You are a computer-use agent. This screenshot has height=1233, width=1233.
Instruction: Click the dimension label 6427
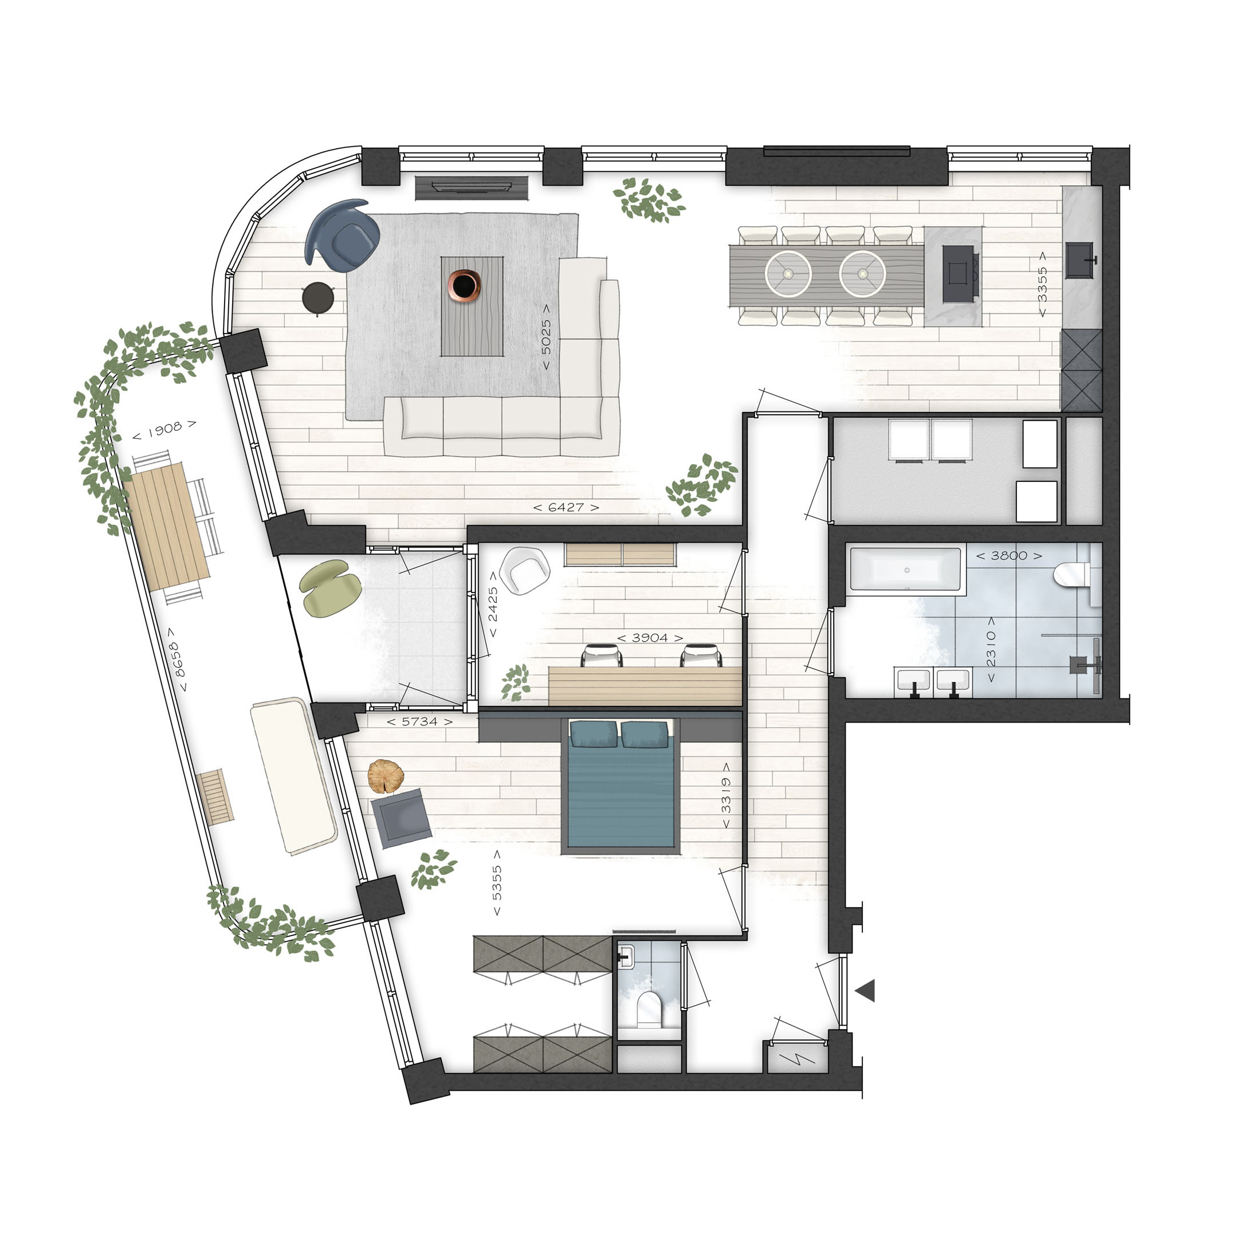[566, 508]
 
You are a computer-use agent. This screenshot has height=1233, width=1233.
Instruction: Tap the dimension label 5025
[546, 337]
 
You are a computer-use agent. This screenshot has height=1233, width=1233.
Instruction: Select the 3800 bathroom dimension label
[1009, 556]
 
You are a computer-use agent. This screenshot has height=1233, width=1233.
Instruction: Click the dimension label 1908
[164, 430]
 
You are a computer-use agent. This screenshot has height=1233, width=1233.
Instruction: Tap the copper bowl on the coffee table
[464, 285]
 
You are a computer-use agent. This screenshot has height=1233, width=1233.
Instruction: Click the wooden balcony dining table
[166, 527]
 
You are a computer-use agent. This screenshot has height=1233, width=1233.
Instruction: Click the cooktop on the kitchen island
[959, 274]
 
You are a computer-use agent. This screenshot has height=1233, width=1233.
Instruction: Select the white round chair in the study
[525, 570]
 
